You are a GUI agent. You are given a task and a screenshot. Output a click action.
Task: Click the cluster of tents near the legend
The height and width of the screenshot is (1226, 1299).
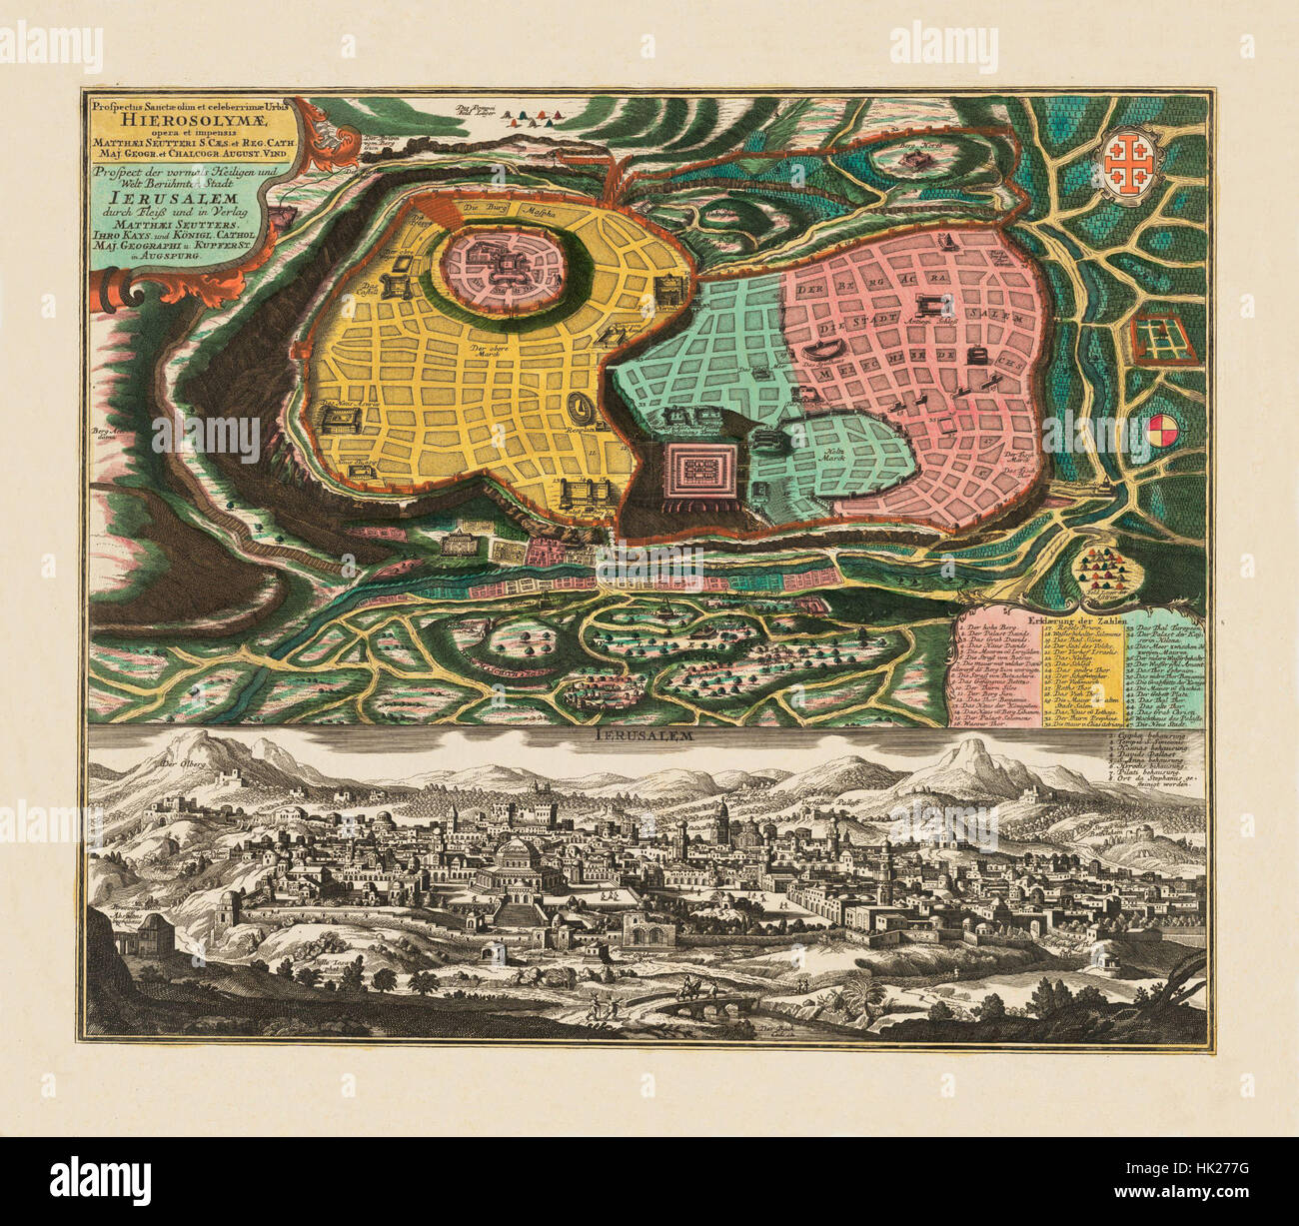click(x=1107, y=566)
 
